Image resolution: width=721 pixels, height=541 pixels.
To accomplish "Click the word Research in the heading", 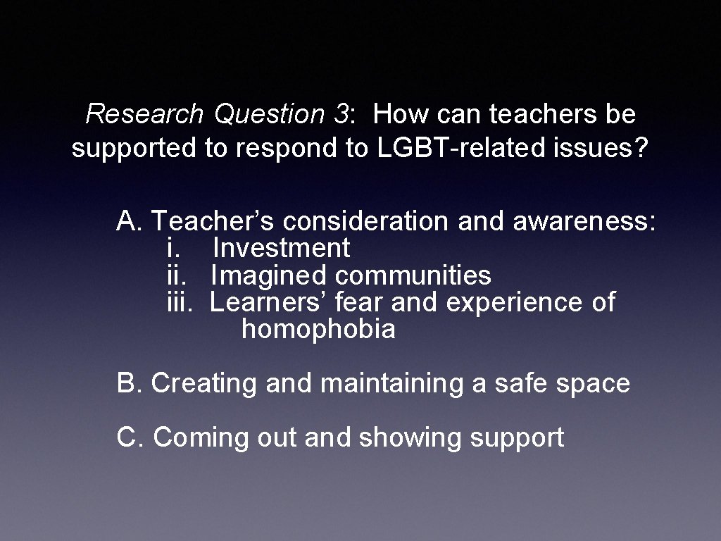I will [144, 113].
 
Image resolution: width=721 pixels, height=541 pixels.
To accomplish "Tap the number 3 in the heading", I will [340, 113].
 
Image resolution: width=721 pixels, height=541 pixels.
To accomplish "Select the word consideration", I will [365, 221].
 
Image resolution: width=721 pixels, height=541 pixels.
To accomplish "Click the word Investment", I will [281, 248].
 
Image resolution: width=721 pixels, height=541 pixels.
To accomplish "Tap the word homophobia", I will [318, 329].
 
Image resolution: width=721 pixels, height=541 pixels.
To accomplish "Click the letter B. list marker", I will [130, 383].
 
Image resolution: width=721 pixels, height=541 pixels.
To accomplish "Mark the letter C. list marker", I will [131, 437].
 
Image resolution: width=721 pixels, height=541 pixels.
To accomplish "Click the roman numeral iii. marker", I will [180, 302].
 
